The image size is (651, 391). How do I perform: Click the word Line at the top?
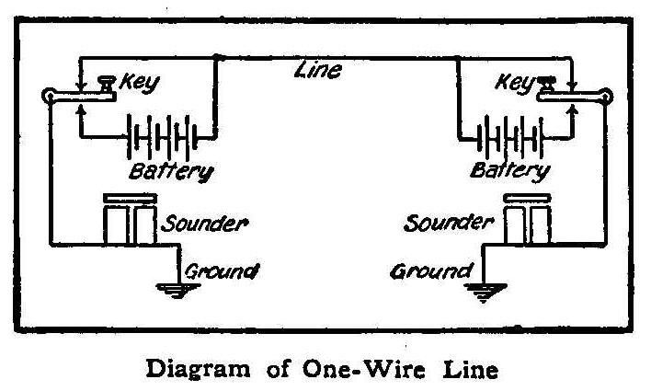pyautogui.click(x=317, y=70)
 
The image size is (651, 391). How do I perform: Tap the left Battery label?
pyautogui.click(x=172, y=170)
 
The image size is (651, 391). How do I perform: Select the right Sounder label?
pyautogui.click(x=449, y=224)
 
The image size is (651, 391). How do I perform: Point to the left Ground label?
pyautogui.click(x=221, y=271)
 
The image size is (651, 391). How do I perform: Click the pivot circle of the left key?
pyautogui.click(x=48, y=95)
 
